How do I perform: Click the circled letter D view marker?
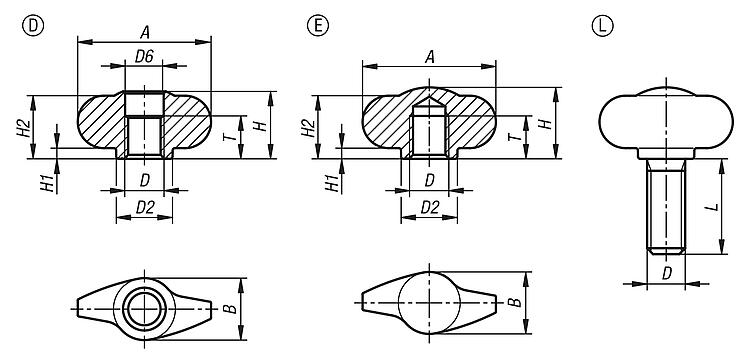click(33, 26)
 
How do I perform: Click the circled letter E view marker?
click(318, 26)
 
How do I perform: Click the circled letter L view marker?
click(603, 26)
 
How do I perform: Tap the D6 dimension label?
click(144, 57)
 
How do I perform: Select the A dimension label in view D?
click(144, 33)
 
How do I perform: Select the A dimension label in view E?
click(430, 57)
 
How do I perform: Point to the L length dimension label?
click(713, 207)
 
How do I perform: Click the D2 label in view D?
click(145, 207)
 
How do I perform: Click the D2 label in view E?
click(430, 207)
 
